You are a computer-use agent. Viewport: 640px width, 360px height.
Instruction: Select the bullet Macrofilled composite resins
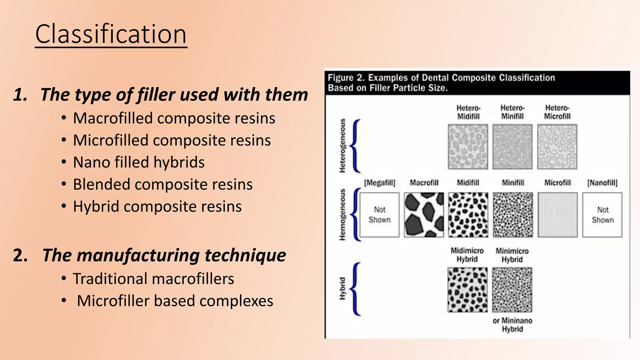click(174, 118)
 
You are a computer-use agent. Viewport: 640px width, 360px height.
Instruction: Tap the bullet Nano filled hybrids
click(139, 162)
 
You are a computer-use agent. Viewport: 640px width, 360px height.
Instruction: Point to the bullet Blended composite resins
click(163, 184)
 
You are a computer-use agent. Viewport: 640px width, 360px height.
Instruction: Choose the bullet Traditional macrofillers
click(153, 279)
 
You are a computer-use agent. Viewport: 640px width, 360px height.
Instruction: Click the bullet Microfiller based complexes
click(175, 301)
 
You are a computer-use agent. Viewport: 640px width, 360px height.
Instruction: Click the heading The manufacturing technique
click(164, 255)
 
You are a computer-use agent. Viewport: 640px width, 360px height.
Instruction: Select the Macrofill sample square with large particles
click(424, 215)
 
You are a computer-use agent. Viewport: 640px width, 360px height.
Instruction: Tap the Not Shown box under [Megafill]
click(379, 215)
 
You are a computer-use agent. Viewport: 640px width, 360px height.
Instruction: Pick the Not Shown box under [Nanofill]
click(602, 215)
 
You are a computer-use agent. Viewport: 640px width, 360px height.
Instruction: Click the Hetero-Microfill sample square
click(557, 147)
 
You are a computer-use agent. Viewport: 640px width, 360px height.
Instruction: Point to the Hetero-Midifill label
click(468, 112)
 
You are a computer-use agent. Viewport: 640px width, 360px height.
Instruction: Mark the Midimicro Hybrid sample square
click(467, 290)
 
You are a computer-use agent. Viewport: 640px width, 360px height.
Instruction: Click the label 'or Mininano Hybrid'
click(512, 325)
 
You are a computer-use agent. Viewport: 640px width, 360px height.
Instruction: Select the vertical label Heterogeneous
click(343, 146)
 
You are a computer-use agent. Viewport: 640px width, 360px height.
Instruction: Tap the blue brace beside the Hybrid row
click(356, 289)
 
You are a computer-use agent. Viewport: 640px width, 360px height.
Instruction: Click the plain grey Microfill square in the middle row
click(557, 215)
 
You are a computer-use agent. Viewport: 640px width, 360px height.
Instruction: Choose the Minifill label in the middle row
click(513, 183)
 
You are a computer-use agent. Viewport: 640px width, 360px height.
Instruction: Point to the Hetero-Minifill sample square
click(512, 147)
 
